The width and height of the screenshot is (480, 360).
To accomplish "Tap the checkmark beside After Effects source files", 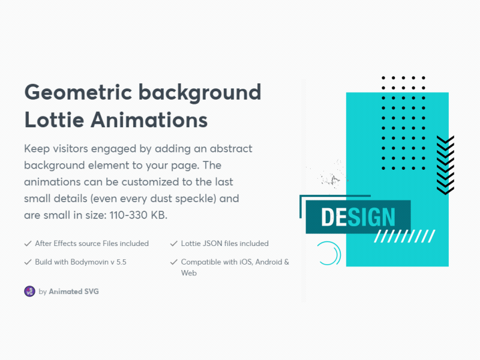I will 28,244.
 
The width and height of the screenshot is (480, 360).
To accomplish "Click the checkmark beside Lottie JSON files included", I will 174,244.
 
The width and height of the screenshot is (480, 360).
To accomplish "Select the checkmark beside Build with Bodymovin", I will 28,262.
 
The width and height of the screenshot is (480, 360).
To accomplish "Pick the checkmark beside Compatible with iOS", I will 174,262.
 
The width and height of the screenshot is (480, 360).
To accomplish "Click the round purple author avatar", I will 29,292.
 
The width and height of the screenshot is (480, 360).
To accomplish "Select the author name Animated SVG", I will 74,292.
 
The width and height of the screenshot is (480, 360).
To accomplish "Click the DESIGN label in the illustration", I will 358,217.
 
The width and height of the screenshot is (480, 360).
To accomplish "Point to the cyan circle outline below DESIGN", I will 329,253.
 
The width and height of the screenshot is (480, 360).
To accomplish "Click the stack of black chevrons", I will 445,165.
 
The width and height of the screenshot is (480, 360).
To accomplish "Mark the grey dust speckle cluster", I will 331,176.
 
